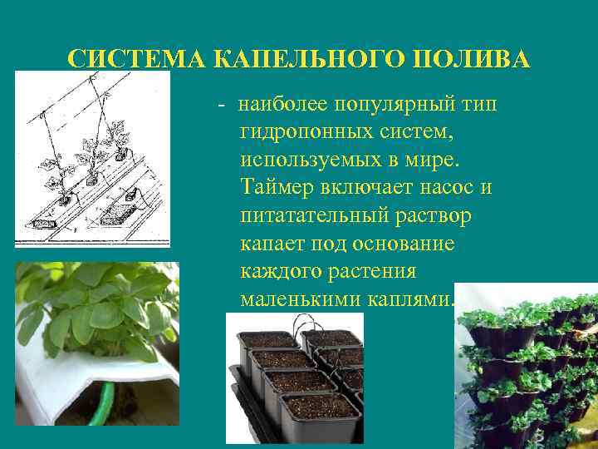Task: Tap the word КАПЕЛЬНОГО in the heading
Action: click(x=309, y=60)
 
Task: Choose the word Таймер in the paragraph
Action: click(x=274, y=187)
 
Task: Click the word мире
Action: click(x=440, y=159)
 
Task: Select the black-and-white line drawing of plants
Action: click(x=92, y=158)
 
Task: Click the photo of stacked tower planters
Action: click(x=527, y=366)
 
